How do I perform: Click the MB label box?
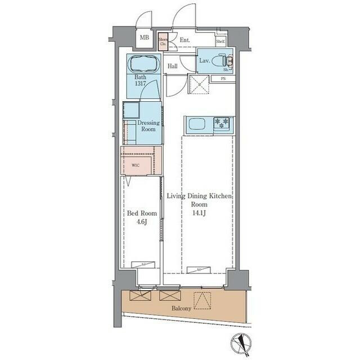click(x=145, y=38)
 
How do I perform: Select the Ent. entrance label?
click(x=184, y=40)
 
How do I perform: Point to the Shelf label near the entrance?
click(x=221, y=40)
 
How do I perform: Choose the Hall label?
click(x=173, y=66)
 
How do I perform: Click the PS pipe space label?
click(x=223, y=79)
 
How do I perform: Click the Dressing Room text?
click(x=148, y=125)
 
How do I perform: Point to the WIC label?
click(x=136, y=165)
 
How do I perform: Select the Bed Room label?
click(x=141, y=213)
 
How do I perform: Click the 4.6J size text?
click(x=141, y=222)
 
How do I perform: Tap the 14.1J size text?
click(x=200, y=213)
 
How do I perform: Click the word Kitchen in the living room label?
click(x=220, y=196)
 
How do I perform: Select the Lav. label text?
click(x=204, y=60)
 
